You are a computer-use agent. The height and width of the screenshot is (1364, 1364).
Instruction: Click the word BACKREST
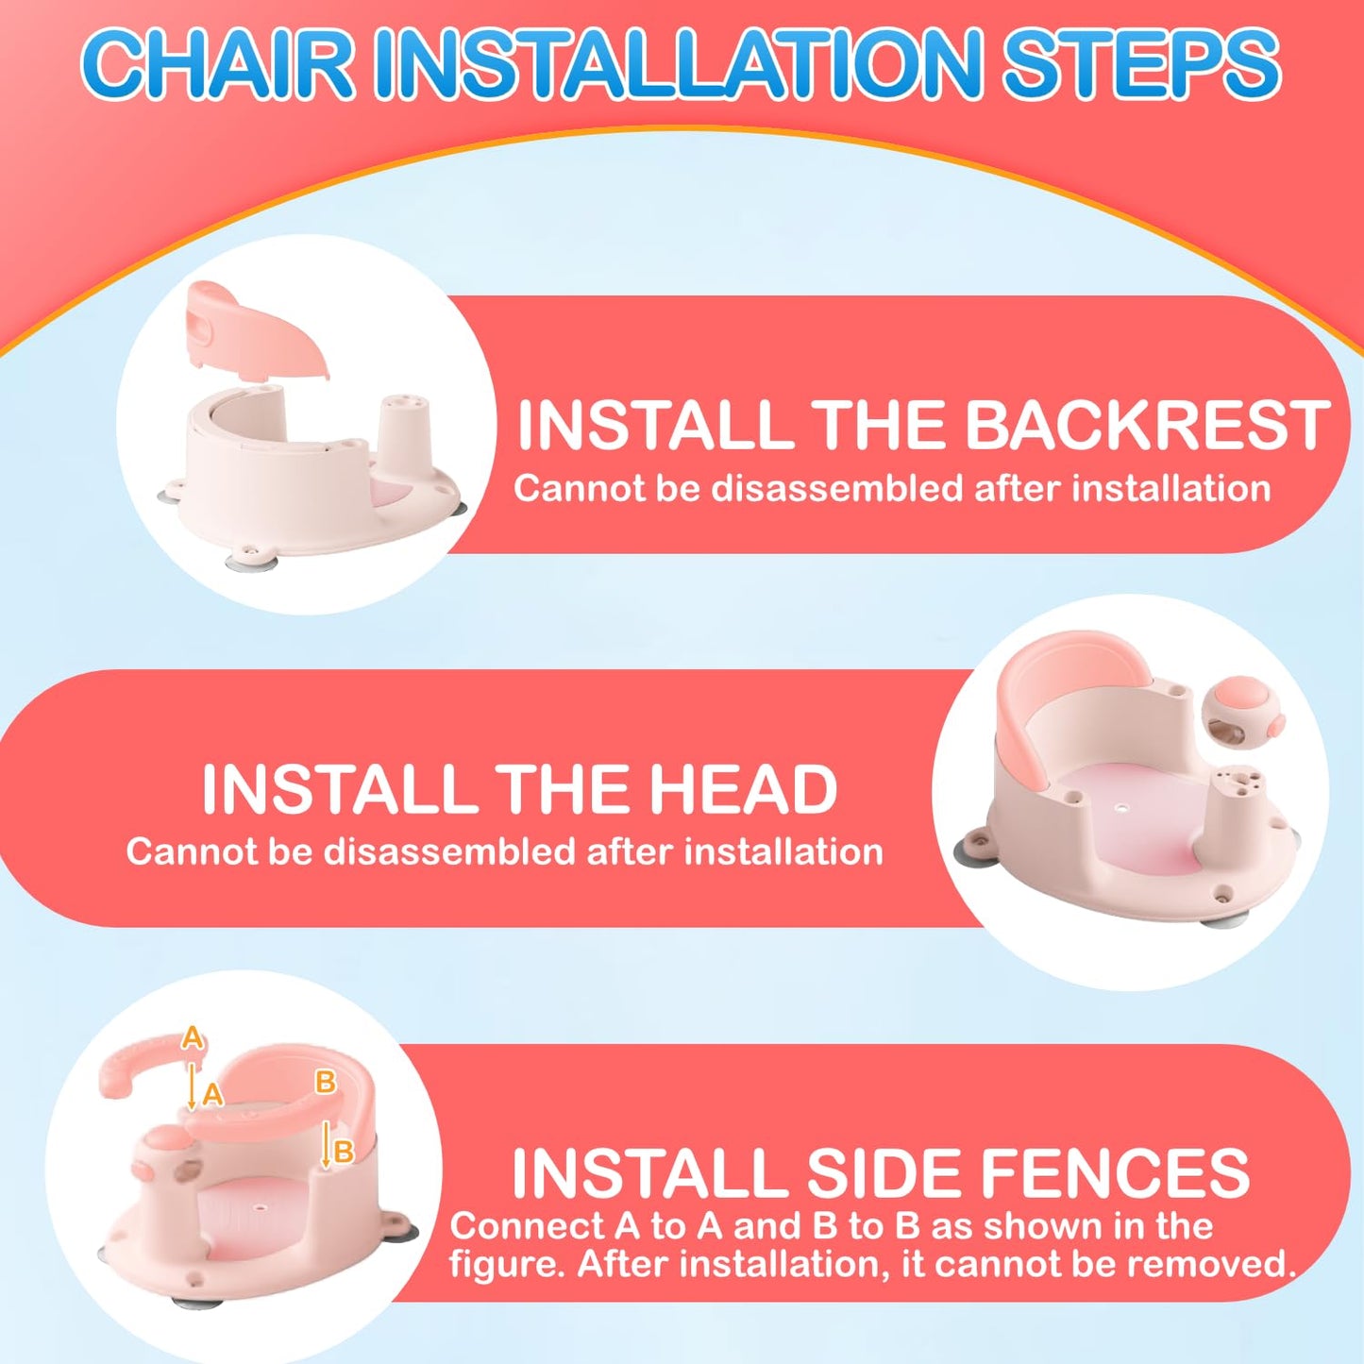pyautogui.click(x=1148, y=425)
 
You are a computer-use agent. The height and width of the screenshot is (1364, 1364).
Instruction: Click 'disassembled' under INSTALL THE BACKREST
pyautogui.click(x=836, y=488)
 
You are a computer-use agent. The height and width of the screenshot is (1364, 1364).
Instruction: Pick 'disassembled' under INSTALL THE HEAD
pyautogui.click(x=449, y=851)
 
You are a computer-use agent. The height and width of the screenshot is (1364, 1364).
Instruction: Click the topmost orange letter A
pyautogui.click(x=192, y=1037)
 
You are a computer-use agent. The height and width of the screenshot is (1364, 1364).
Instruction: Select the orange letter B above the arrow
pyautogui.click(x=325, y=1083)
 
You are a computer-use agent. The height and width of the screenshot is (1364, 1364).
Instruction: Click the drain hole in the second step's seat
pyautogui.click(x=1120, y=806)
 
